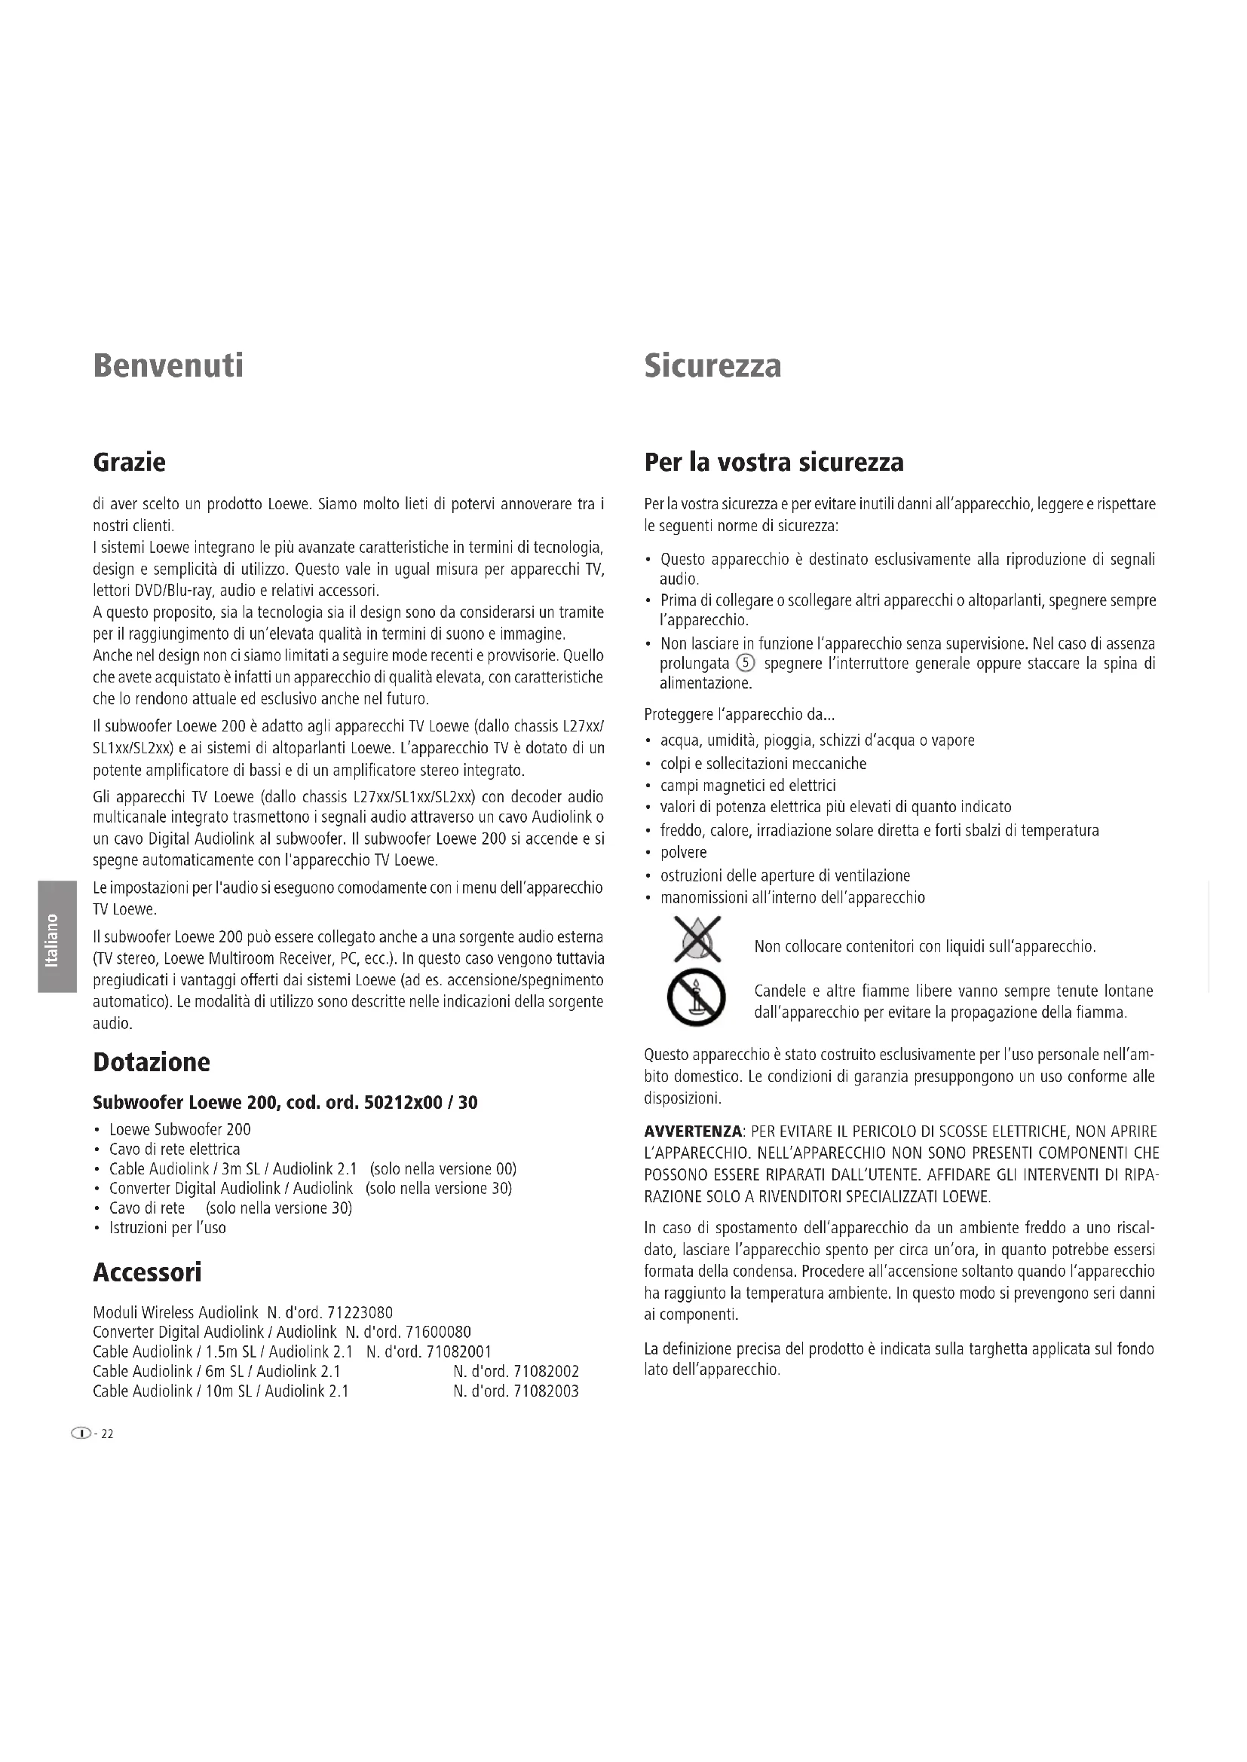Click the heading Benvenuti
pos(168,365)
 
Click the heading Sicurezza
pos(712,365)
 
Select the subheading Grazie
pos(129,463)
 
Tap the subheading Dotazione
pos(152,1062)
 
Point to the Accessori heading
pos(147,1272)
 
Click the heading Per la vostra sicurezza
pos(774,463)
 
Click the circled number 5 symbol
pos(746,664)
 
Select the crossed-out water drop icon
pos(697,940)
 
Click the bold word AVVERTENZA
pos(693,1132)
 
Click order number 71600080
pos(438,1333)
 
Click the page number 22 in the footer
pos(107,1434)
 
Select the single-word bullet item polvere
pos(683,853)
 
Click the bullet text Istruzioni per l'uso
pos(167,1228)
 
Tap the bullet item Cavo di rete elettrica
pos(174,1149)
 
